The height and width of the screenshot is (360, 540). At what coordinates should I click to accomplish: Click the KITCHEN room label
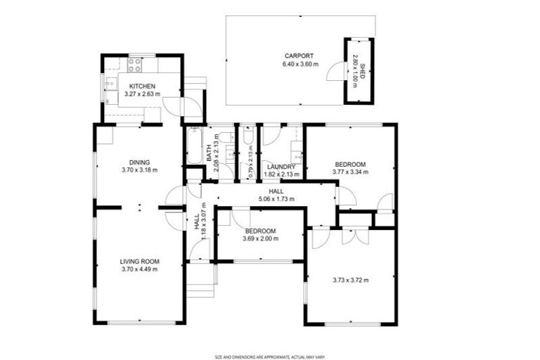(x=142, y=86)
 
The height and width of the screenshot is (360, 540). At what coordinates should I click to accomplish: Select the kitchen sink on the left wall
(x=110, y=86)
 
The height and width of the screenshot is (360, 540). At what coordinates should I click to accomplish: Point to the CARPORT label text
(x=299, y=56)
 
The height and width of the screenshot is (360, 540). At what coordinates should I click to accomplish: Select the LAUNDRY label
(x=281, y=167)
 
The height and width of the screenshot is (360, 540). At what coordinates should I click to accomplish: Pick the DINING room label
(x=139, y=162)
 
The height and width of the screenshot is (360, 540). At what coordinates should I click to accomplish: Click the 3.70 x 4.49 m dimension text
(x=139, y=269)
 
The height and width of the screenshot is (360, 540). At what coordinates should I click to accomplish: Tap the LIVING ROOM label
(x=139, y=261)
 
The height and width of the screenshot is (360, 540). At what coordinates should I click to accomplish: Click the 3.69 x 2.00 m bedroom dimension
(x=260, y=238)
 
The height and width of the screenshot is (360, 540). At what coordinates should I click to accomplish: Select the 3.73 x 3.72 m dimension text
(x=350, y=280)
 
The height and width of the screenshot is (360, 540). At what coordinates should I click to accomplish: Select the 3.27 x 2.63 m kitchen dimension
(x=142, y=94)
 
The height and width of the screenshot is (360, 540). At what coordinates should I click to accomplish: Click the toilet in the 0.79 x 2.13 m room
(x=248, y=137)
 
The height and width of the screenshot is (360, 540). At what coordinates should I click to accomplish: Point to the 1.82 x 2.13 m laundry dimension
(x=281, y=174)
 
